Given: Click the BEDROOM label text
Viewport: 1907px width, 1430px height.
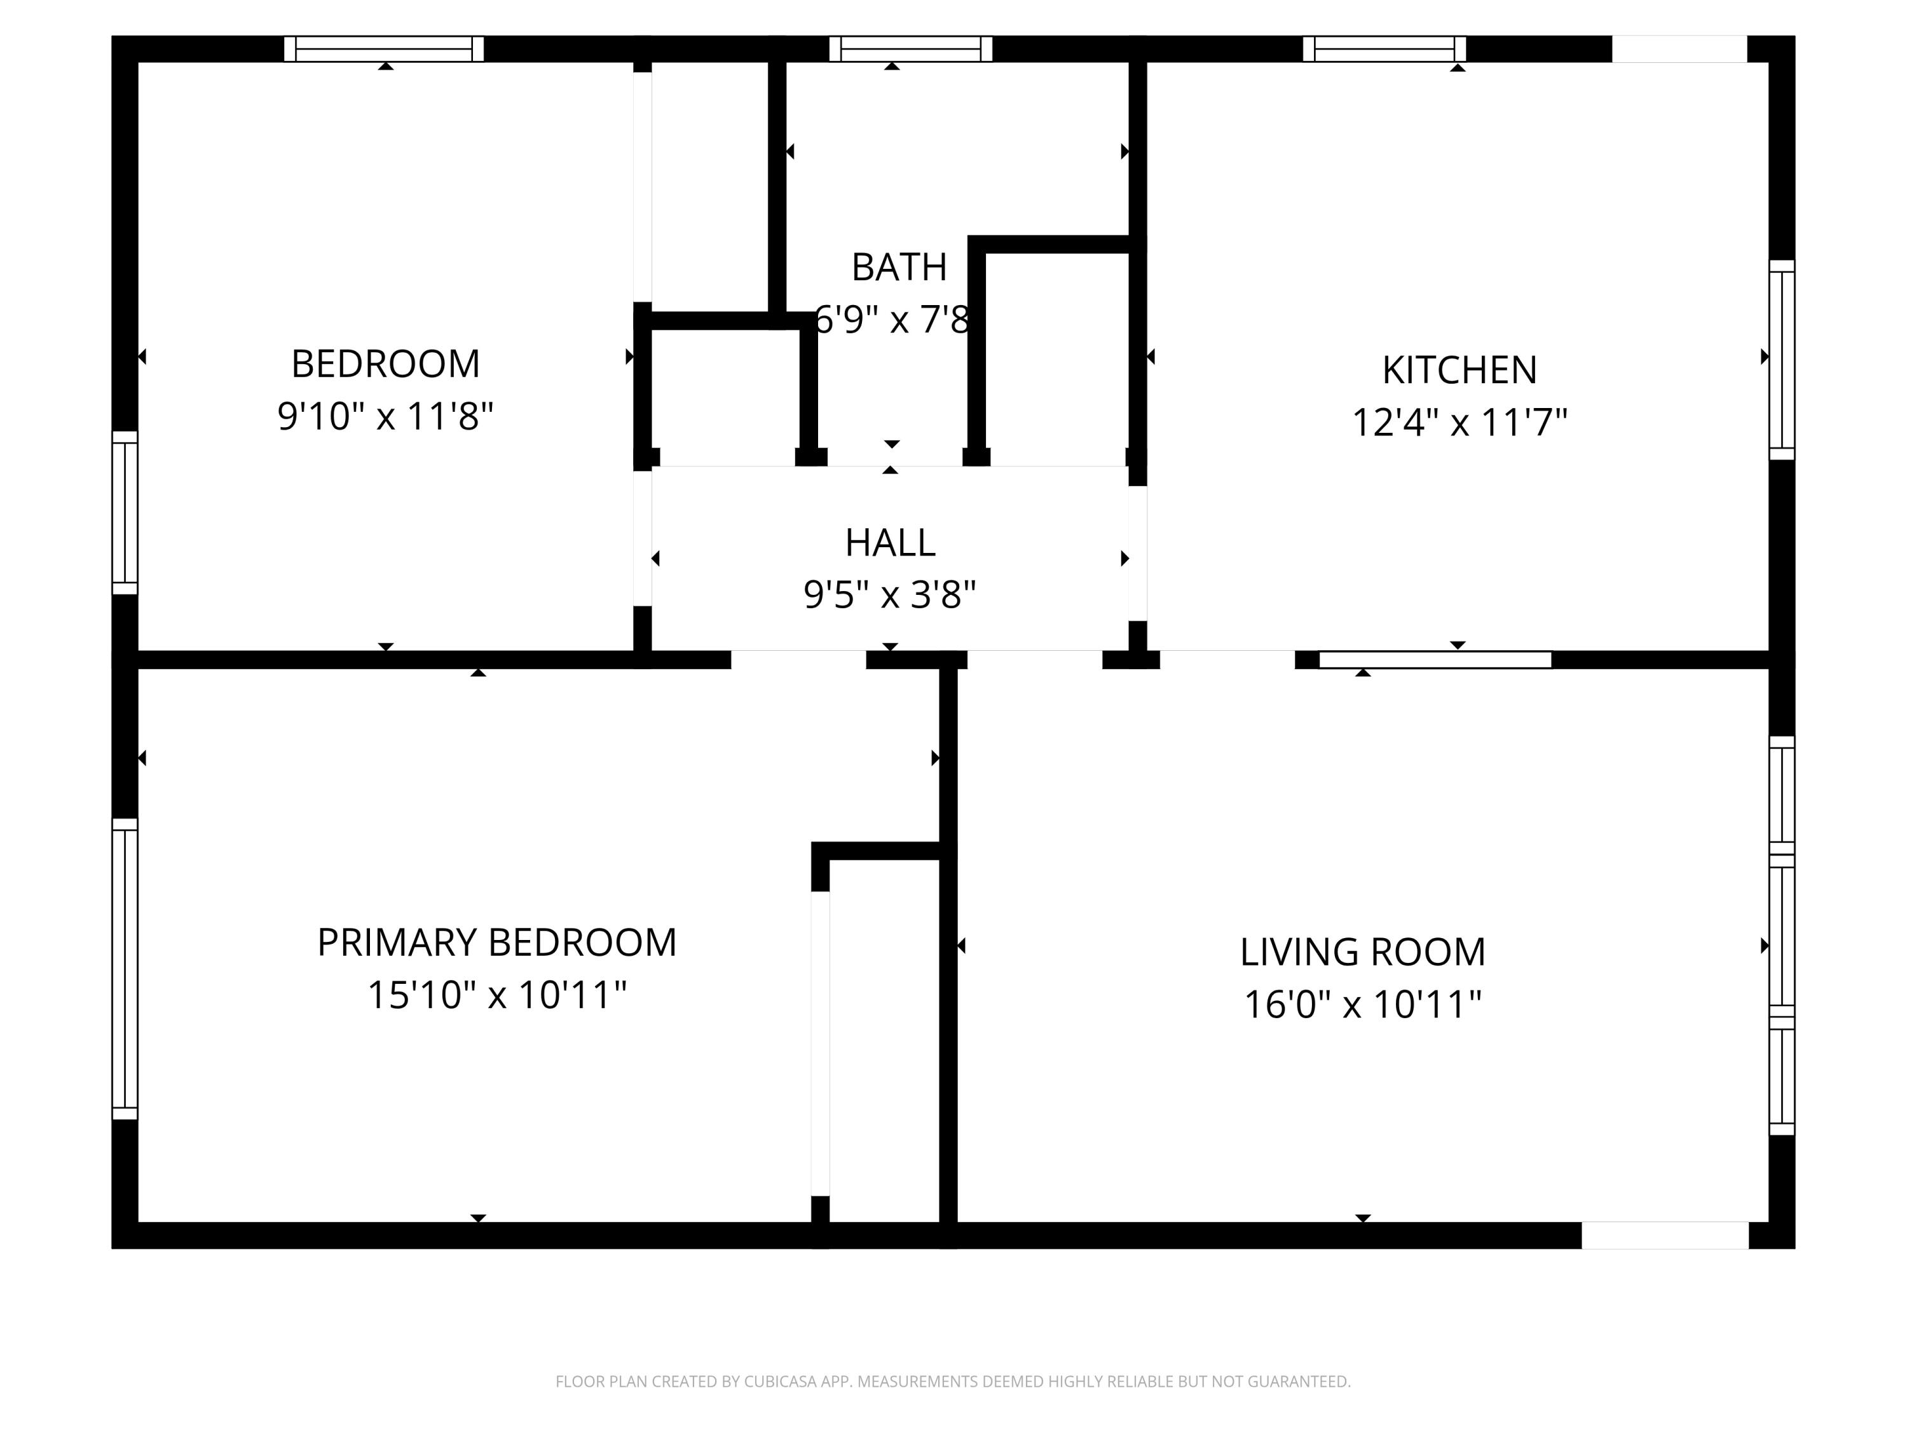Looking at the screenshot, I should click(385, 364).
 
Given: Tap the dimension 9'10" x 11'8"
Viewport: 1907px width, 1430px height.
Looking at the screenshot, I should click(385, 416).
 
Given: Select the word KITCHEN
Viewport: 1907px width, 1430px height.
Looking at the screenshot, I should click(1459, 370).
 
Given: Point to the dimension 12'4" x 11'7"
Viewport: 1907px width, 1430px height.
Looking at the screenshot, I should click(1459, 423).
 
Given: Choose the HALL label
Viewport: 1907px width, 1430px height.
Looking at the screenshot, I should click(890, 542).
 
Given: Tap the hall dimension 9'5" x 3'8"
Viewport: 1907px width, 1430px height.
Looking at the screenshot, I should click(890, 595).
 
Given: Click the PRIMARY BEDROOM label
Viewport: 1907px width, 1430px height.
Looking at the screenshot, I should click(496, 942).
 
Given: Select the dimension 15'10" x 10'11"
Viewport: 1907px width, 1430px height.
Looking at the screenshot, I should click(496, 995).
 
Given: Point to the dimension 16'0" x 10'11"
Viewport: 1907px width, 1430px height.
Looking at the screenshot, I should click(1362, 1004).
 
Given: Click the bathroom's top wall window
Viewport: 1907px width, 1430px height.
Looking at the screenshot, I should click(910, 49).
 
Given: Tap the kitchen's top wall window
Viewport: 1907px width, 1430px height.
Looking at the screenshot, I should click(1384, 49).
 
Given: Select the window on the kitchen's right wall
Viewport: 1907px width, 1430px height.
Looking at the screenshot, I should click(1781, 360).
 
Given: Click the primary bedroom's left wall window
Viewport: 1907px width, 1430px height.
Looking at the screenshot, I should click(125, 969).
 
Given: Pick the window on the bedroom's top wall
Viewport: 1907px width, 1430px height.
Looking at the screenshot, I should click(384, 49).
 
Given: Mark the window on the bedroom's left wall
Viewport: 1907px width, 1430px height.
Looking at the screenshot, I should click(125, 513).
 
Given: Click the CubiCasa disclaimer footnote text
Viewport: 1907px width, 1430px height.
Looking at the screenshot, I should click(953, 1382).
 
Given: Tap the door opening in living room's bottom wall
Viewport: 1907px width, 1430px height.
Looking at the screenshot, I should click(1664, 1235).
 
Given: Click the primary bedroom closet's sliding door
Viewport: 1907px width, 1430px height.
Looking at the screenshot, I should click(820, 1044).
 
